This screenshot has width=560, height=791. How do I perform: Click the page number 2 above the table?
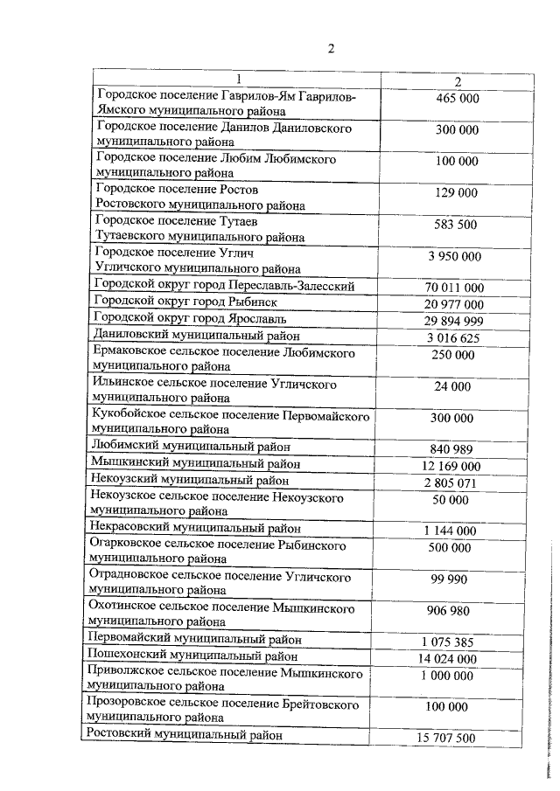coord(332,48)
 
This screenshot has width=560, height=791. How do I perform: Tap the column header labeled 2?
coord(458,81)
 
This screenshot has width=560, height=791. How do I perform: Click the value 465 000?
coord(458,99)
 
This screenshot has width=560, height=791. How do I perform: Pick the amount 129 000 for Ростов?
coord(458,193)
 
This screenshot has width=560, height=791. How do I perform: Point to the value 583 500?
coord(458,225)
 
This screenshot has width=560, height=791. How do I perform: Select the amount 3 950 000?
coord(455,256)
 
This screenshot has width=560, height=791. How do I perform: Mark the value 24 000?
coord(458,387)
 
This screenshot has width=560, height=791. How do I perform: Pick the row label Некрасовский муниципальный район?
coord(196,528)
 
